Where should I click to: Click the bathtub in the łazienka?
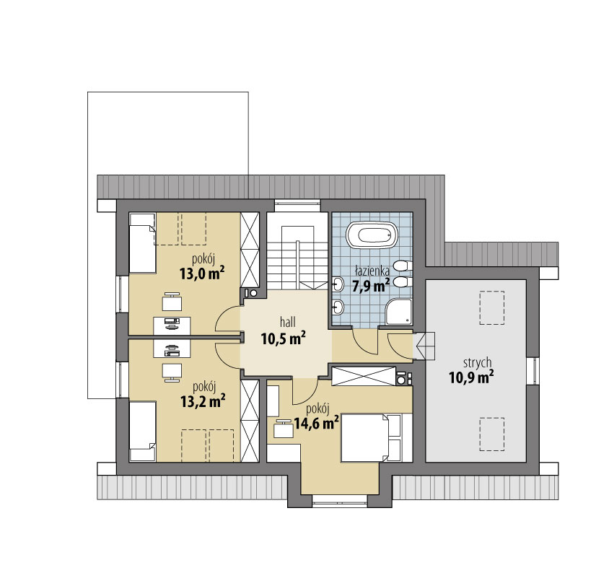(372, 235)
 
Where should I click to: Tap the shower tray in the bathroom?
(399, 312)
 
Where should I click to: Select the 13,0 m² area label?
(202, 274)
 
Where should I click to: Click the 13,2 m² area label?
(203, 401)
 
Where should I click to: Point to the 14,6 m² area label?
(317, 422)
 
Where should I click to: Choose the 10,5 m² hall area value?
(284, 338)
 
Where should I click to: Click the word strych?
(478, 363)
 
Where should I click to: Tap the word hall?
(288, 323)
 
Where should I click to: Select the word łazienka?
(372, 271)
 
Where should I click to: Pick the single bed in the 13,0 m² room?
(143, 243)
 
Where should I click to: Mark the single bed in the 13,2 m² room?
(143, 431)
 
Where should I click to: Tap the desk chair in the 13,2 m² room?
(172, 372)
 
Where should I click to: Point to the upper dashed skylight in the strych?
(492, 307)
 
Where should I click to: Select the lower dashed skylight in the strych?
(492, 434)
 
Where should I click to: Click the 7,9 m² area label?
(371, 285)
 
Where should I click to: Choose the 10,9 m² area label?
(471, 377)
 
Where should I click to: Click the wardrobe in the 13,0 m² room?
(250, 250)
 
